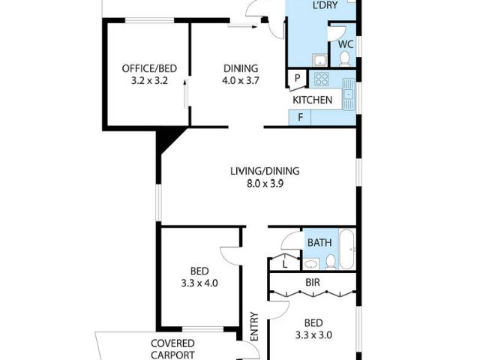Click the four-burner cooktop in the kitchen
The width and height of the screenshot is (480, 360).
(x=322, y=79)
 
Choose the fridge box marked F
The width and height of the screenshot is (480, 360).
(x=300, y=117)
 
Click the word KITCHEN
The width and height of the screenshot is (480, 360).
(x=312, y=100)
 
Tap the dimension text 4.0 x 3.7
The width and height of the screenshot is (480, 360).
(x=240, y=81)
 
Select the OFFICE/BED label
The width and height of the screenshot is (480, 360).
(x=144, y=69)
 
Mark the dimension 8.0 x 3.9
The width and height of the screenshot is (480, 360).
(x=257, y=183)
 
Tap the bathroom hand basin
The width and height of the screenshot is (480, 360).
(x=310, y=262)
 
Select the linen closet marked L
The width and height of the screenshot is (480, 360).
(x=285, y=262)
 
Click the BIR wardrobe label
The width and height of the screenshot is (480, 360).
(x=313, y=283)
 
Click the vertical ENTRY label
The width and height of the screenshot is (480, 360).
(x=254, y=327)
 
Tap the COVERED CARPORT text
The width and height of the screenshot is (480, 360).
(x=172, y=350)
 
